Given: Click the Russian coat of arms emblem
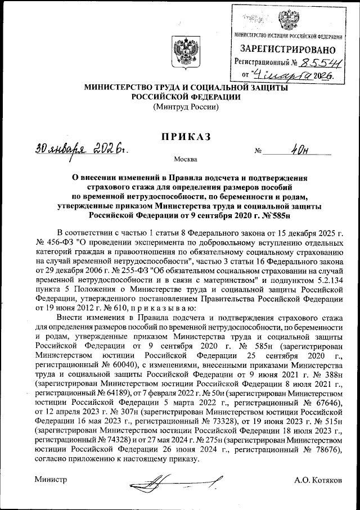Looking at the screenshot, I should pos(182,54).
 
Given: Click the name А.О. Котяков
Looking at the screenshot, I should pos(318,480).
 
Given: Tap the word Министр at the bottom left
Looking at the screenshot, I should pos(50,480).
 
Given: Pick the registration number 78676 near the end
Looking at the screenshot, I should pos(327,449).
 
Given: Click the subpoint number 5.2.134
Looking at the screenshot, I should pos(327,279).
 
